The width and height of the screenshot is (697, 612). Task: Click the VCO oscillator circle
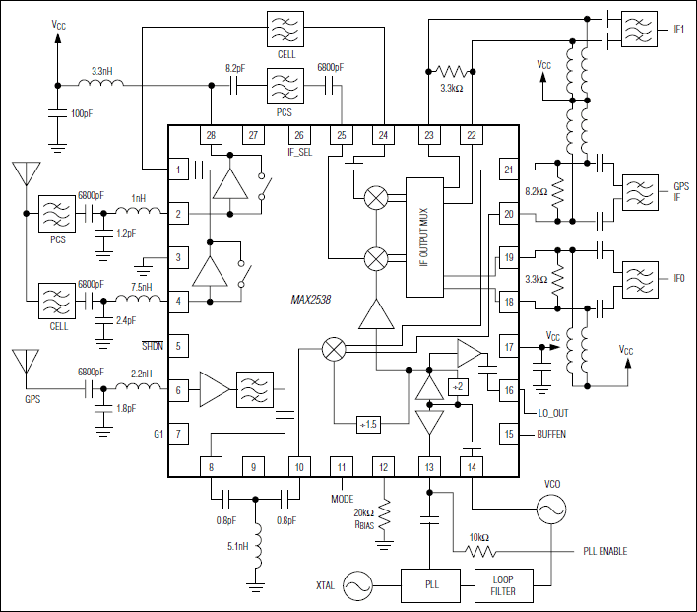[x=550, y=509]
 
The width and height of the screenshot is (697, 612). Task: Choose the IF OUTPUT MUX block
[x=425, y=237]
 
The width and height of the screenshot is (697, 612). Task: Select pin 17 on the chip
[x=508, y=347]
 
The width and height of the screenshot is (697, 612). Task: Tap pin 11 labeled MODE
[x=341, y=467]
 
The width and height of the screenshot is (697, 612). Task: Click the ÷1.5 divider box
[x=368, y=424]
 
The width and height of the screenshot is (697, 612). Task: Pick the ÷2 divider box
[x=456, y=384]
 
